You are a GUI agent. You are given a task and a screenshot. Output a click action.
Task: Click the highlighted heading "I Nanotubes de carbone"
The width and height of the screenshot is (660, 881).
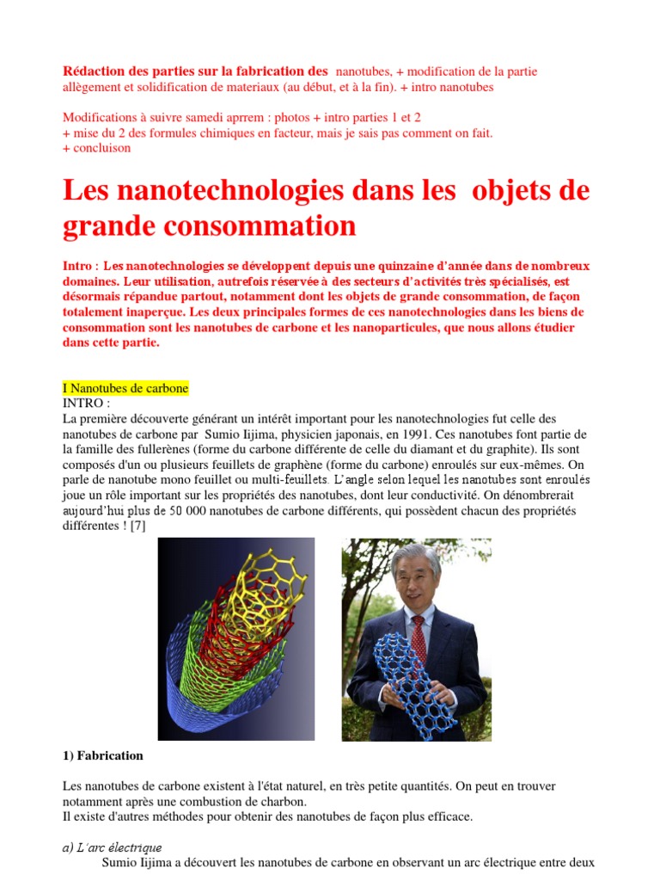(125, 389)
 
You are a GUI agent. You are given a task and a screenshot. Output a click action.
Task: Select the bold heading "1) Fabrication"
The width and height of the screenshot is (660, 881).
(103, 756)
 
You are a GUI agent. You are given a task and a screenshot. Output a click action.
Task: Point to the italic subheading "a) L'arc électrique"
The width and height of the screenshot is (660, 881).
(113, 847)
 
